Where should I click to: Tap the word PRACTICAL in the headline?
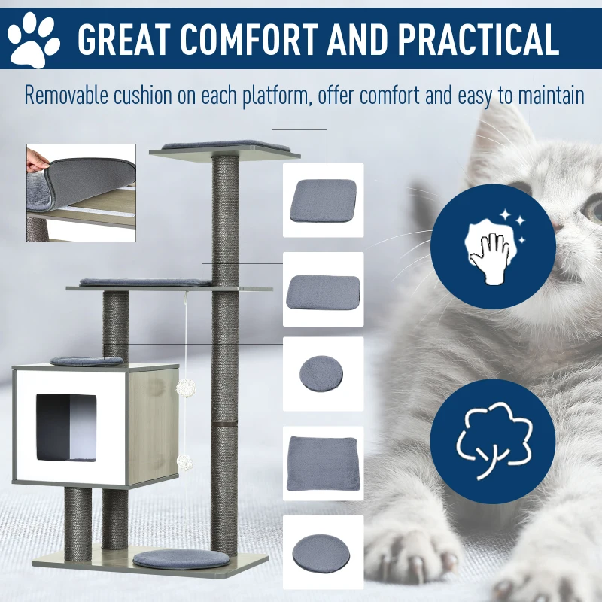[x=473, y=39]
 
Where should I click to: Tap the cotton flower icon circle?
[x=493, y=441]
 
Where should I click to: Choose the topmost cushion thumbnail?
[x=323, y=200]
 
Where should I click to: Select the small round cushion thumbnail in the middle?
[x=322, y=372]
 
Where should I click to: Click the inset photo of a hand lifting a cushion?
[x=81, y=193]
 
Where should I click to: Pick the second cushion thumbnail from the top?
[x=323, y=288]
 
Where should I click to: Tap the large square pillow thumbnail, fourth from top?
[x=323, y=461]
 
